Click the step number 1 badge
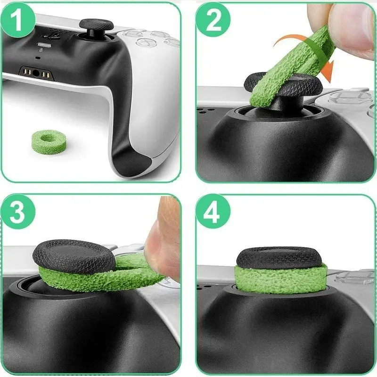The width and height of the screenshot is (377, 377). click(18, 20)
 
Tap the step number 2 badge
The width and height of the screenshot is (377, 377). click(213, 20)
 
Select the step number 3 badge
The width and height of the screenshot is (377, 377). click(18, 212)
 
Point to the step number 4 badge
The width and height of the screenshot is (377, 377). click(213, 212)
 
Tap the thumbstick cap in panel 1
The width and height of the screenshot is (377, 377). click(96, 25)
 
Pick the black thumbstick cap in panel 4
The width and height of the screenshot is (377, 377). click(279, 257)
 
